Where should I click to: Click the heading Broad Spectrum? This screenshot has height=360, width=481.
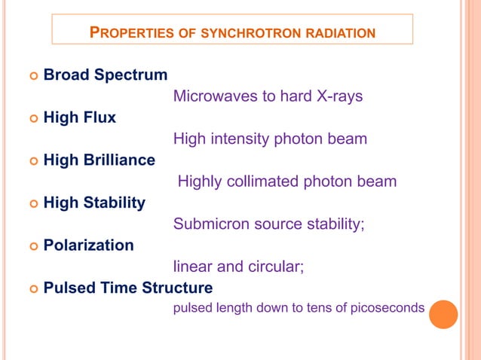coord(106,75)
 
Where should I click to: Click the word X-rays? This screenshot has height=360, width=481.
coord(338,96)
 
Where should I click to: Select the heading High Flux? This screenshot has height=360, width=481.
coord(80,117)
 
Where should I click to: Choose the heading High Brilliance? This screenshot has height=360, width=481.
coord(100,160)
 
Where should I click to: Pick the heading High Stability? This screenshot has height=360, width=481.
coord(94,203)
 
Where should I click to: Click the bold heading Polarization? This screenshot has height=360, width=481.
coord(89,246)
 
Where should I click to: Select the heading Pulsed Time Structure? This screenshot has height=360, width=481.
coord(128,288)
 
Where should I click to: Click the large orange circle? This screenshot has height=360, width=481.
coord(443,314)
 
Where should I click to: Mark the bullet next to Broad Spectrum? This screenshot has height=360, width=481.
coord(32,75)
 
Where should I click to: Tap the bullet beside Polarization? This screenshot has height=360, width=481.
coord(32,246)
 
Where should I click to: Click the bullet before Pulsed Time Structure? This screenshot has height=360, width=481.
coord(32,289)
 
